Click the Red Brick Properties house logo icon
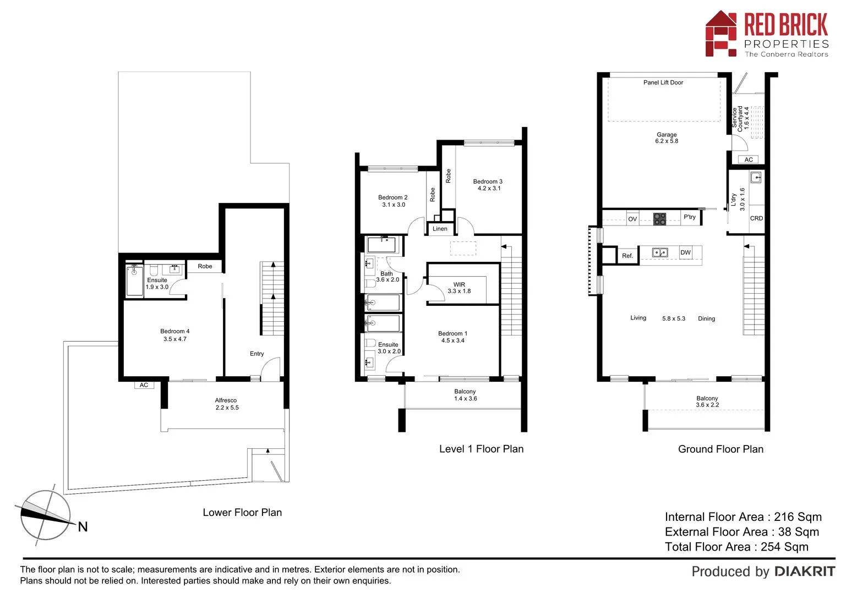pos(721,34)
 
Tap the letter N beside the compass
pos(83,527)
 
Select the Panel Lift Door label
pos(663,82)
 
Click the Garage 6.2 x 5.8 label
pos(667,137)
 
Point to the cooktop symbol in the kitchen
pos(659,219)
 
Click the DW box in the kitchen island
pos(685,252)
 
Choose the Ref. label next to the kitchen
pos(627,256)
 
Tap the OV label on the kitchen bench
pos(632,219)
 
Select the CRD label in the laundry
pos(756,218)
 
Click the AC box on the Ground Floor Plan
pos(749,159)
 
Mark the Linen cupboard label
pos(440,229)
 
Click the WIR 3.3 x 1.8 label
pos(459,288)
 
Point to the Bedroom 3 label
pos(488,185)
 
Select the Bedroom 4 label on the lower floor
pos(175,335)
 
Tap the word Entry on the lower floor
pos(256,354)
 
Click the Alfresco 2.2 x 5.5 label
pos(226,404)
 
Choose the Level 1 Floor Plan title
pos(481,449)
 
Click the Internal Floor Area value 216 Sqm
pos(798,517)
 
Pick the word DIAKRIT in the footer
pos(805,571)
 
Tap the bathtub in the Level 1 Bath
pos(381,245)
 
